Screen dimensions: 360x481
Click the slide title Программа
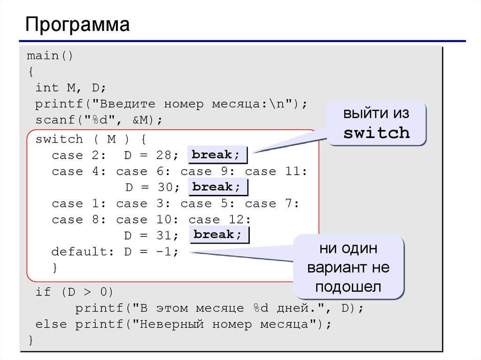78,24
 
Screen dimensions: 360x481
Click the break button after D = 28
217,155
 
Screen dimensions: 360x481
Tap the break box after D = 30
217,187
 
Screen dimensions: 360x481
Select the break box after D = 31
219,235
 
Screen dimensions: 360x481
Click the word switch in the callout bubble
376,133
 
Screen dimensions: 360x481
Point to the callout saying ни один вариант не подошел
348,268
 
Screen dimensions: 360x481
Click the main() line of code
50,56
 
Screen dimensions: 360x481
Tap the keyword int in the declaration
47,88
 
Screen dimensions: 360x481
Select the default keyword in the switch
79,252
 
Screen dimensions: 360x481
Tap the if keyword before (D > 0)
43,292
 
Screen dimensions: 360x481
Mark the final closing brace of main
31,340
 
